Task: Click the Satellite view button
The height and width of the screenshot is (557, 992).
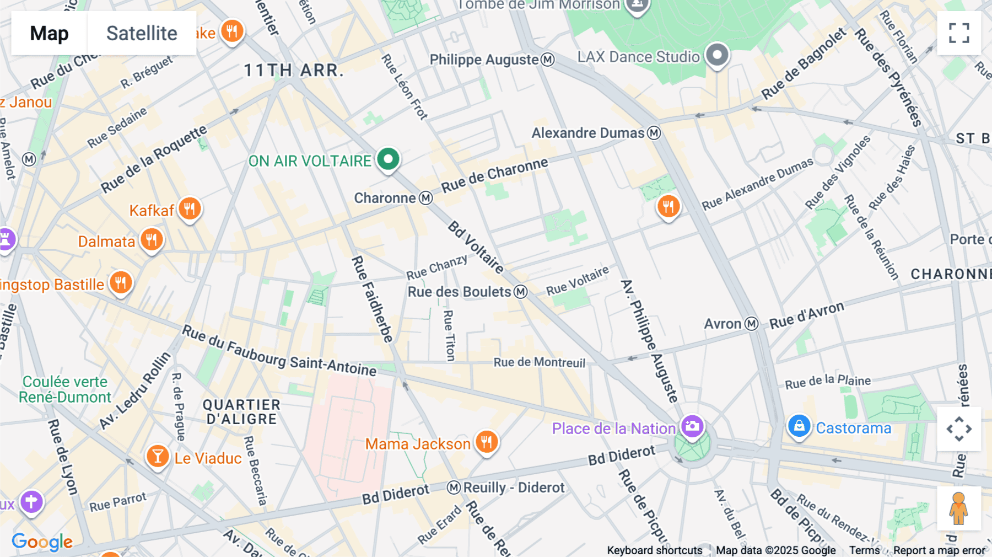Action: [x=142, y=33]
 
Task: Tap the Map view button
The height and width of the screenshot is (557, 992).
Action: [x=49, y=33]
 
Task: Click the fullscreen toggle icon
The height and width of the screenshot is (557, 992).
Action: [x=959, y=33]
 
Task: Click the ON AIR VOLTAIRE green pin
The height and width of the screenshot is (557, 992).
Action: [x=388, y=159]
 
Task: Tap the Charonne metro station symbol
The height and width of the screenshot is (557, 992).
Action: [x=425, y=198]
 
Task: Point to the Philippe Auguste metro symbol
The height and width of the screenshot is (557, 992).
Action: [x=547, y=60]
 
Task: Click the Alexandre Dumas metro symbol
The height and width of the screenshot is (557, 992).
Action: [x=654, y=133]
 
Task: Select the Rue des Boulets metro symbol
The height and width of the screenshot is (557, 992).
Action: [x=521, y=292]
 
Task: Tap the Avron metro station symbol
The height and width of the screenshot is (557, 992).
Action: [x=752, y=324]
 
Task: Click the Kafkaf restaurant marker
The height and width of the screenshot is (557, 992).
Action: [x=190, y=208]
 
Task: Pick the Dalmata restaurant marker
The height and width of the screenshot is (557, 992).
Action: [x=152, y=240]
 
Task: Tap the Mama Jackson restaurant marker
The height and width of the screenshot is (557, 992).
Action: [x=487, y=442]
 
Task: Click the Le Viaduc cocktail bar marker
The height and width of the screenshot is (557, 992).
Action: [x=158, y=456]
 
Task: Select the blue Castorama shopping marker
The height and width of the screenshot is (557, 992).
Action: [x=799, y=426]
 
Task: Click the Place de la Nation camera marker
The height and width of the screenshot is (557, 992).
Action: [x=692, y=426]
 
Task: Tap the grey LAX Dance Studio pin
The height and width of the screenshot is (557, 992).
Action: [x=717, y=55]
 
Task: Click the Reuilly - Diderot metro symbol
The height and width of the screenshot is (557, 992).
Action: [x=454, y=488]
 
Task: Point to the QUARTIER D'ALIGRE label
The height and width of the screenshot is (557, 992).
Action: [x=241, y=412]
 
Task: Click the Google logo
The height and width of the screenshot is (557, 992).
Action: [x=42, y=542]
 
